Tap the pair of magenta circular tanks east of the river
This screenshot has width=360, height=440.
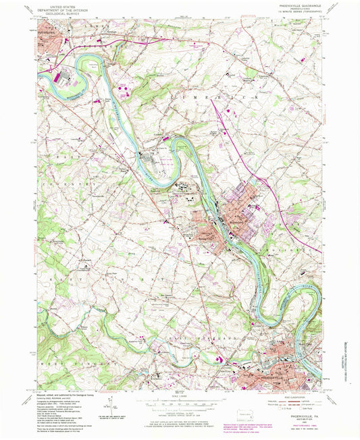[x=123, y=87]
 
